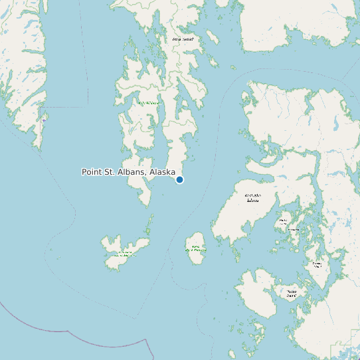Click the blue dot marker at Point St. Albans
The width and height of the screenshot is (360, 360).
tap(179, 179)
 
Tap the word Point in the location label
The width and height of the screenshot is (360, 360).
tap(93, 172)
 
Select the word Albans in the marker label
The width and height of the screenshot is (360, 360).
tap(133, 172)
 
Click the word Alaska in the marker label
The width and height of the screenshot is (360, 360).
tap(163, 172)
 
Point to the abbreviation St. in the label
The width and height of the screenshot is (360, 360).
tap(112, 172)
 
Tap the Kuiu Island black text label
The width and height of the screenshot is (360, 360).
tap(183, 39)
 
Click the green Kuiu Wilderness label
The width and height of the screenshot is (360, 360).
tap(149, 103)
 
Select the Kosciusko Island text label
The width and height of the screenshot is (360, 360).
tap(252, 197)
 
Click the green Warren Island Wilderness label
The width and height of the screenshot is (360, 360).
tap(195, 249)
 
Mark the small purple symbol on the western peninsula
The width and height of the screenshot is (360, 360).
tap(45, 120)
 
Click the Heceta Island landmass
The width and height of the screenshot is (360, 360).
tap(262, 292)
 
